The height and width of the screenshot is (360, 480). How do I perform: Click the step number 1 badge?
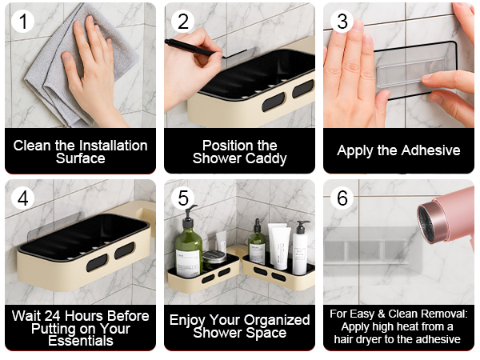point(24,22)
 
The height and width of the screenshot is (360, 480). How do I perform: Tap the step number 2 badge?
point(183,22)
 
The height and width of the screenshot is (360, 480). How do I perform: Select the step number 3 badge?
point(343,22)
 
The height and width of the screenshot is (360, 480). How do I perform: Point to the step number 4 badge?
point(24,198)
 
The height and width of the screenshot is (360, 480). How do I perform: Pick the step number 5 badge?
point(183,198)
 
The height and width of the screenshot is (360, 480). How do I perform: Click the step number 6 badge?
point(343,198)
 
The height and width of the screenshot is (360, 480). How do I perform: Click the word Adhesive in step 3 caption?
point(431,150)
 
